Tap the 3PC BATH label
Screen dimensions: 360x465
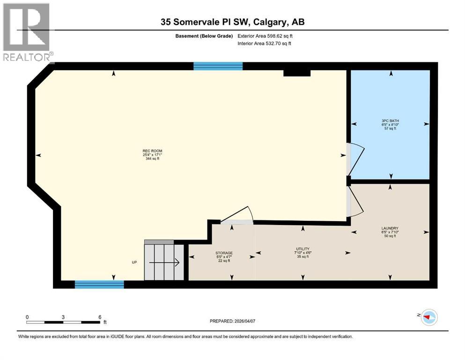point(390,124)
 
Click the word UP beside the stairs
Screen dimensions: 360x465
point(134,262)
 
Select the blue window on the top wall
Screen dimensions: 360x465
point(218,66)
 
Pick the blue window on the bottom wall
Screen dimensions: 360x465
point(99,284)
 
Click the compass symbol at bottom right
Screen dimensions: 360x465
point(428,317)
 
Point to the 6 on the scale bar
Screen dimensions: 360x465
point(100,317)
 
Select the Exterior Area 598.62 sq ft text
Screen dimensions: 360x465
point(266,36)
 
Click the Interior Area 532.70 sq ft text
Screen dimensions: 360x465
point(265,43)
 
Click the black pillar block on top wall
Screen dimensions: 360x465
point(297,73)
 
